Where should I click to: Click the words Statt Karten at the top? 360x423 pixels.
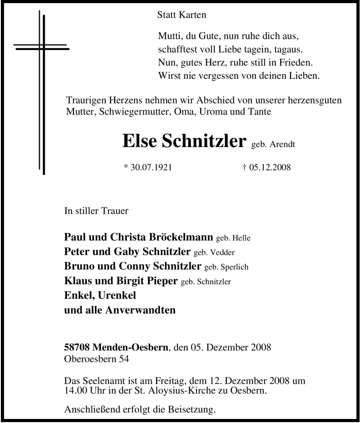(x=182, y=15)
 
